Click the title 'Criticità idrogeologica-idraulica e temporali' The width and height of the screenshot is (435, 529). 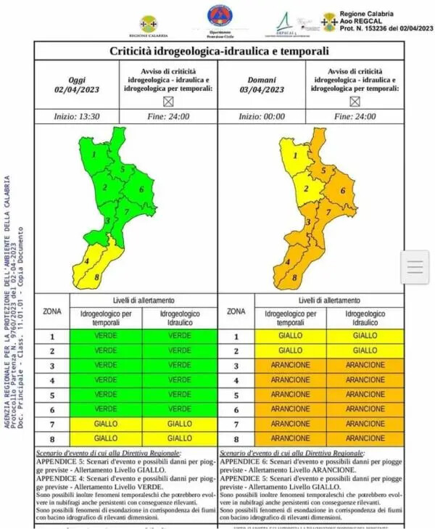[x=219, y=52]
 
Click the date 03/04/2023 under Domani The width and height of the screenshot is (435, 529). [x=263, y=90]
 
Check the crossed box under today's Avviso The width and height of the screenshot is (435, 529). [x=169, y=102]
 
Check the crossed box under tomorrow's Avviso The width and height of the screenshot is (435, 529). [x=355, y=102]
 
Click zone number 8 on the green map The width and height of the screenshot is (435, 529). [x=96, y=277]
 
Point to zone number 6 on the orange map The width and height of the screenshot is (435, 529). [x=343, y=191]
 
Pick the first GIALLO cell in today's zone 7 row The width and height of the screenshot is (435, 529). [x=106, y=423]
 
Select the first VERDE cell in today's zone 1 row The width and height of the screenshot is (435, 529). [x=106, y=336]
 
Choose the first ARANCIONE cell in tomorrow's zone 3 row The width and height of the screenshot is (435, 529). [x=291, y=365]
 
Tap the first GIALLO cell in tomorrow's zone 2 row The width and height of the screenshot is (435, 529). [x=291, y=350]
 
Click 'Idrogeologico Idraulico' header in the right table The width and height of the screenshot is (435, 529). [x=365, y=317]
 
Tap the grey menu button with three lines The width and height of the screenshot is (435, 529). [x=415, y=267]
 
